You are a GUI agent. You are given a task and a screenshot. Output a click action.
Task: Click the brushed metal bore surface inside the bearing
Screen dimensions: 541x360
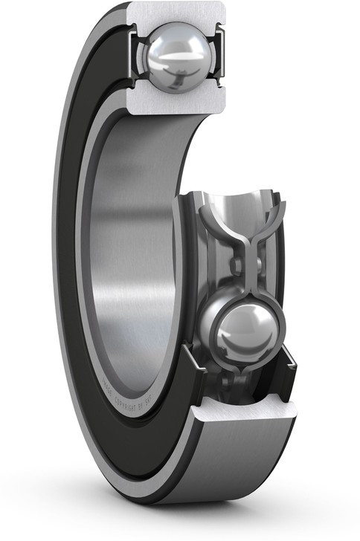130,245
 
